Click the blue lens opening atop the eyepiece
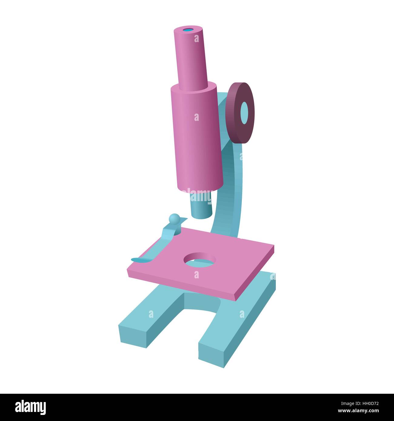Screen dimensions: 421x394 coord(188,30)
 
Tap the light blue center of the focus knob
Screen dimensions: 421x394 coord(244,112)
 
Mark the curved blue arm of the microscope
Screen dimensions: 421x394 coord(232,182)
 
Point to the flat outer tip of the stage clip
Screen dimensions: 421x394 coord(138,260)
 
